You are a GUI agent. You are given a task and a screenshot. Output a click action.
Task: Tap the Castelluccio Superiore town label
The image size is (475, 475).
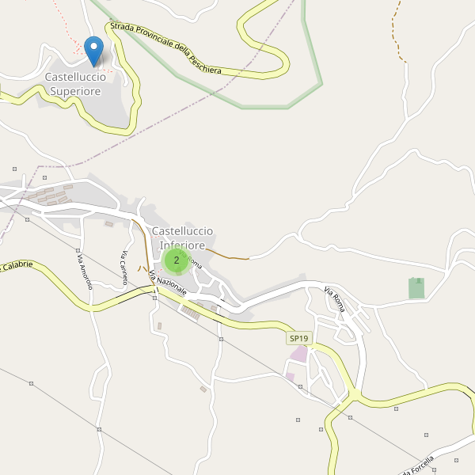pyautogui.click(x=75, y=84)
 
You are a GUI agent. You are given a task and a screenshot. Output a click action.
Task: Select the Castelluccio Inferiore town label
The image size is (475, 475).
pyautogui.click(x=183, y=237)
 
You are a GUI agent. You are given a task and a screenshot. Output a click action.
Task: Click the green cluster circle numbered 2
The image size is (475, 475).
pyautogui.click(x=177, y=260)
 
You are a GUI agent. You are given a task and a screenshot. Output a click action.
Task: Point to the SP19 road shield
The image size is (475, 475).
pyautogui.click(x=299, y=339)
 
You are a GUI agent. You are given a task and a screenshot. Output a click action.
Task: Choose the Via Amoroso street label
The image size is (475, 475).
pyautogui.click(x=84, y=270)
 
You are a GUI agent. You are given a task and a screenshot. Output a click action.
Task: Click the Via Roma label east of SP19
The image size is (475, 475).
pyautogui.click(x=335, y=302)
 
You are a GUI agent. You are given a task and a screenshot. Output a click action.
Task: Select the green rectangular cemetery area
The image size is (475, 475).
pyautogui.click(x=416, y=288)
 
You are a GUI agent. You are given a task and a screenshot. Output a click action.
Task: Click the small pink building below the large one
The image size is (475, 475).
pyautogui.click(x=291, y=375)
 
